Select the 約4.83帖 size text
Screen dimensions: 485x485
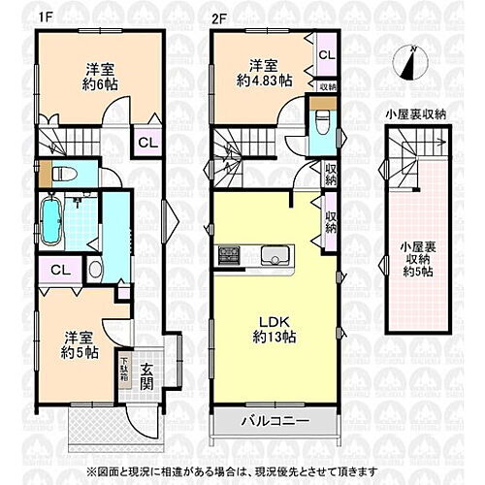click(260, 81)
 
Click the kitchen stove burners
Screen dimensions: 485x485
click(231, 257)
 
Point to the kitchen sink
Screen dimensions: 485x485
click(273, 257)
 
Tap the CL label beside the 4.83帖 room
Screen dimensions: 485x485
click(325, 55)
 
